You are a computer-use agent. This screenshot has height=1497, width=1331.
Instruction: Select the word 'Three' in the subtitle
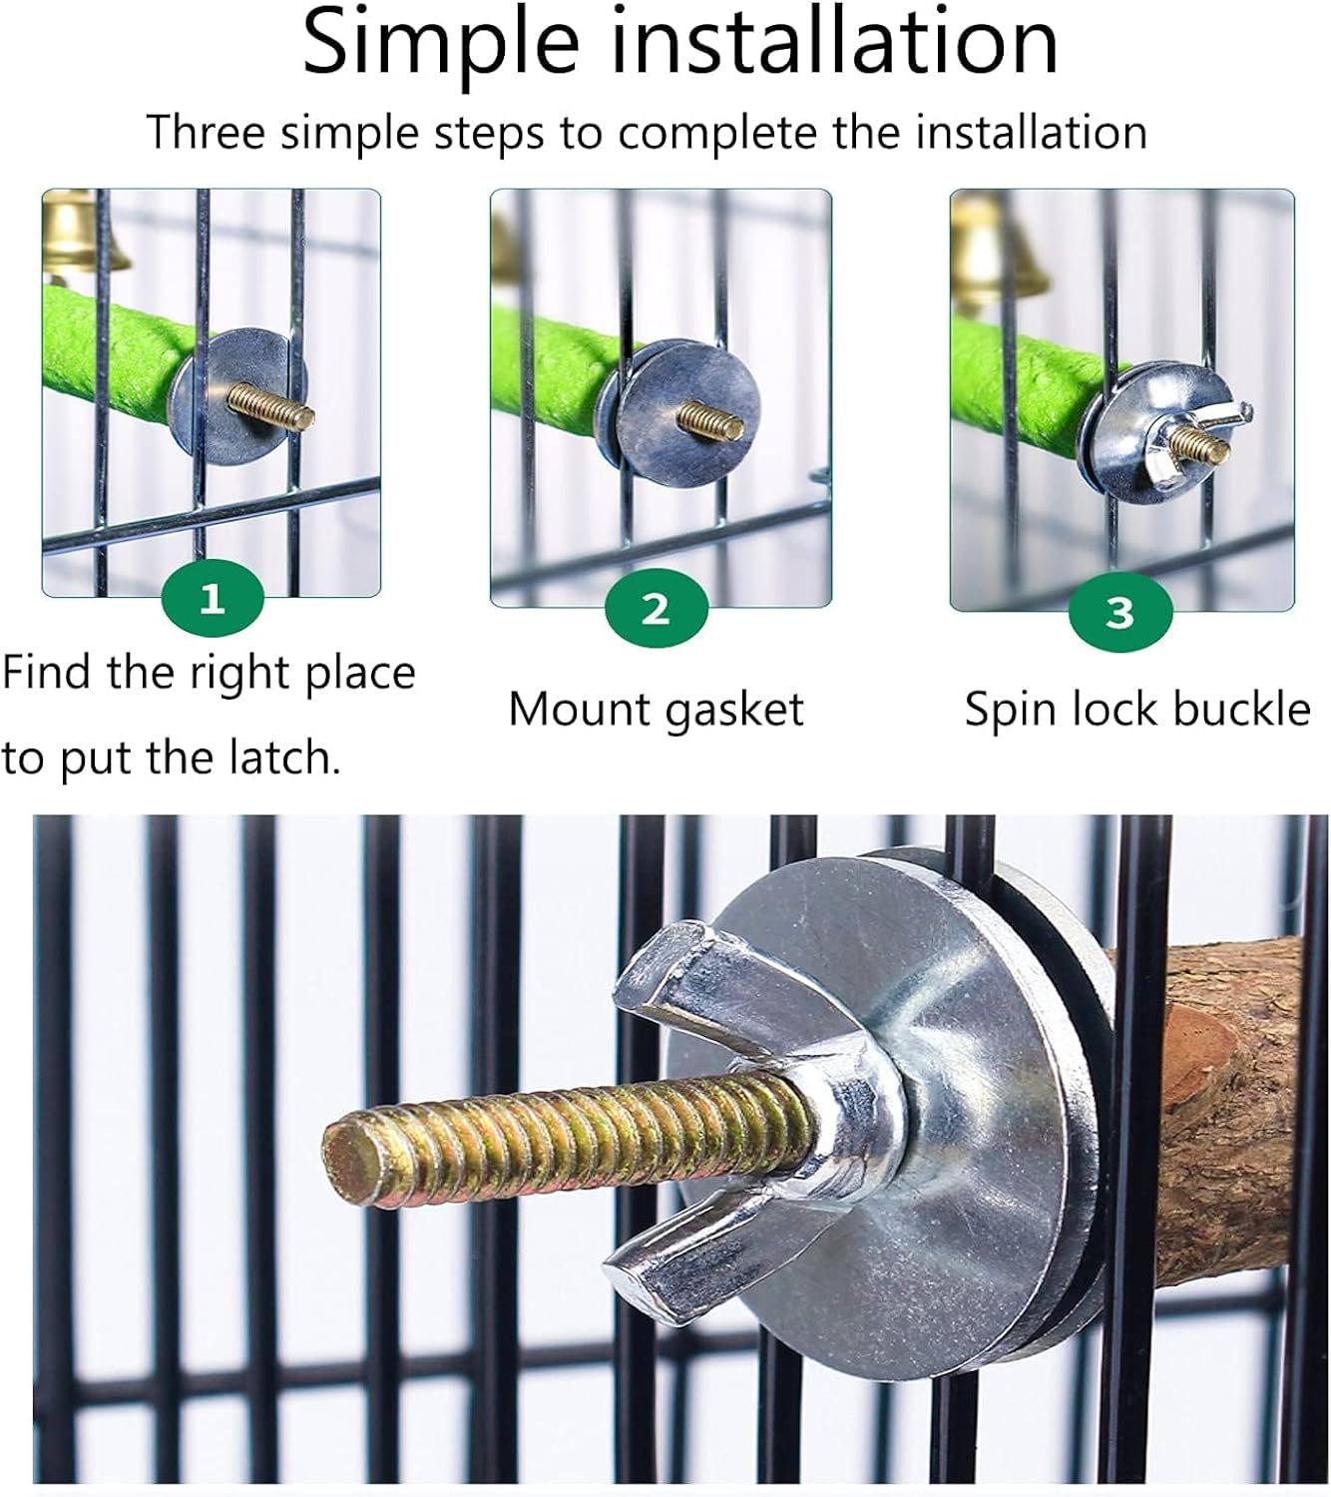click(206, 132)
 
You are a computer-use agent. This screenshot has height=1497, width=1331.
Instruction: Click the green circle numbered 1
click(212, 600)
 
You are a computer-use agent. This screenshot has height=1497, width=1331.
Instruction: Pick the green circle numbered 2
click(656, 608)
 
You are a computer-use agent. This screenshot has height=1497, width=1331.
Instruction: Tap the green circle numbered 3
click(1119, 612)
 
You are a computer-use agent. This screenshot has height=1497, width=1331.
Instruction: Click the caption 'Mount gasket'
click(656, 710)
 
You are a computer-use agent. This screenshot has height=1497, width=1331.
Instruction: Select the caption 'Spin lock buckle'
click(1136, 710)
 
